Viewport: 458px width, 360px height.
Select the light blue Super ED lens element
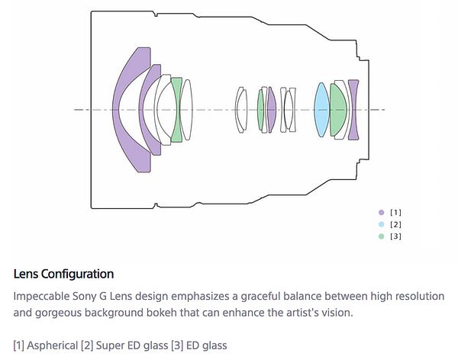click(321, 110)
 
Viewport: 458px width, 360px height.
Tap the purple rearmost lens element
click(353, 110)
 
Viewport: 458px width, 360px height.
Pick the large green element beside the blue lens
click(338, 110)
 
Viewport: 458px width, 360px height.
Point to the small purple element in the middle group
click(272, 110)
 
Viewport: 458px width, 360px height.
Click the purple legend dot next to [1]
click(381, 213)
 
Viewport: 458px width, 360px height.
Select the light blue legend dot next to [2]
click(381, 224)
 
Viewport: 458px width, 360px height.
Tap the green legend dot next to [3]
click(381, 236)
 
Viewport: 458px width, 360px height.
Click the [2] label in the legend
click(395, 224)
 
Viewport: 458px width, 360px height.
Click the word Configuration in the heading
click(77, 274)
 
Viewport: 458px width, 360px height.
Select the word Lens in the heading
click(26, 274)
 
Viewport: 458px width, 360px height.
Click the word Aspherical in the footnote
click(52, 346)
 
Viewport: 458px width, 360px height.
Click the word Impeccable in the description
click(41, 297)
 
